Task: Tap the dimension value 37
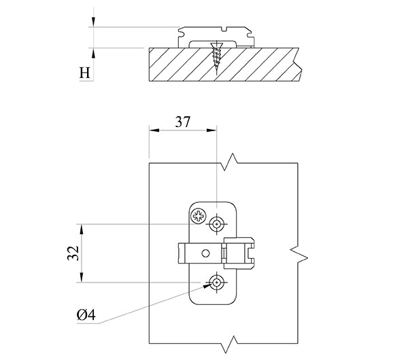pos(182,122)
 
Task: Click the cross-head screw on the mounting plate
pos(198,218)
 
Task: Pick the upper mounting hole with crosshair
pos(217,223)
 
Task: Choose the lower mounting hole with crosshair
pos(217,281)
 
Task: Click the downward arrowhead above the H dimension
pos(93,24)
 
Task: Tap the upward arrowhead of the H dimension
pos(93,52)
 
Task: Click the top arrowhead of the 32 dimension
pos(82,227)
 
